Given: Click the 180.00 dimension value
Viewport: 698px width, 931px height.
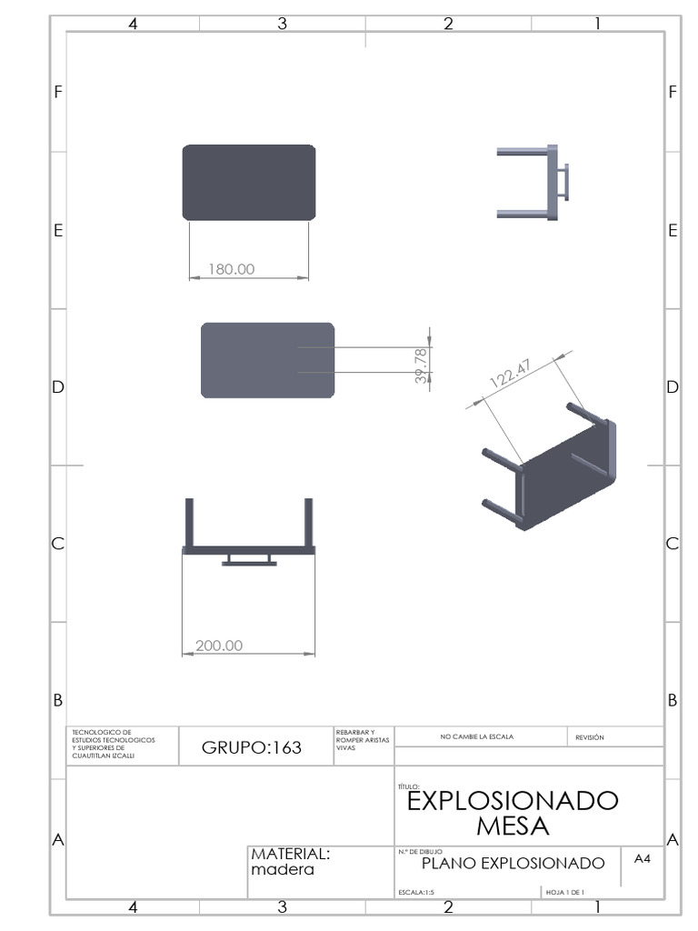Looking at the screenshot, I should [x=232, y=269].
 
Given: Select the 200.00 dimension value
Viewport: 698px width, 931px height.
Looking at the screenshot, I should [x=219, y=646].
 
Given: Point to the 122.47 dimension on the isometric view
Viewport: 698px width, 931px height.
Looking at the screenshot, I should [x=511, y=373].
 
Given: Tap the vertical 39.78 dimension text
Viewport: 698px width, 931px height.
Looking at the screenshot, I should [x=421, y=366].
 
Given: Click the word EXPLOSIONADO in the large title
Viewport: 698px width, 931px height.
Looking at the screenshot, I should [x=513, y=801].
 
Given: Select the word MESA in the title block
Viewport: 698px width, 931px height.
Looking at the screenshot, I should [x=513, y=826].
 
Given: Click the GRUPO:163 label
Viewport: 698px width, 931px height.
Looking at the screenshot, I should [x=252, y=747].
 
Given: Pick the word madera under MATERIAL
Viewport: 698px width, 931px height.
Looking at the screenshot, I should [x=283, y=869].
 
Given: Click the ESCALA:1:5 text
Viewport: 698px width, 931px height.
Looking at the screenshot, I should [x=416, y=893].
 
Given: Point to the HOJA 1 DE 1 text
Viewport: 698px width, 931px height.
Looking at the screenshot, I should [x=564, y=893].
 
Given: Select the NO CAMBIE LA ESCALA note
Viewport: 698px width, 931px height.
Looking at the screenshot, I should [x=476, y=736].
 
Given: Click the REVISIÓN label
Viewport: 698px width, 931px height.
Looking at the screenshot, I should [x=590, y=737].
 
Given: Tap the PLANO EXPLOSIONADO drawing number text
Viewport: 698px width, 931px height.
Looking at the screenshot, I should [x=513, y=863].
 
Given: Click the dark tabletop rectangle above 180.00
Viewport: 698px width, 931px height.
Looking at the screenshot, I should [x=249, y=182].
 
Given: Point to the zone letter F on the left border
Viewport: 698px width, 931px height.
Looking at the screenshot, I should [x=58, y=92].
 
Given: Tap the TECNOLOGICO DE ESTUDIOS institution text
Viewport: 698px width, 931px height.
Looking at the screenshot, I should [x=114, y=741].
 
